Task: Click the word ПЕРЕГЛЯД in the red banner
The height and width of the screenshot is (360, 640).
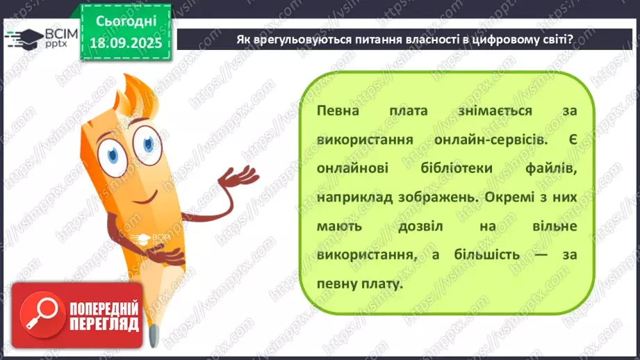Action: click(104, 324)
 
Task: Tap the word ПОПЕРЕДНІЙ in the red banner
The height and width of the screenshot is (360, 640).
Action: click(104, 309)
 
